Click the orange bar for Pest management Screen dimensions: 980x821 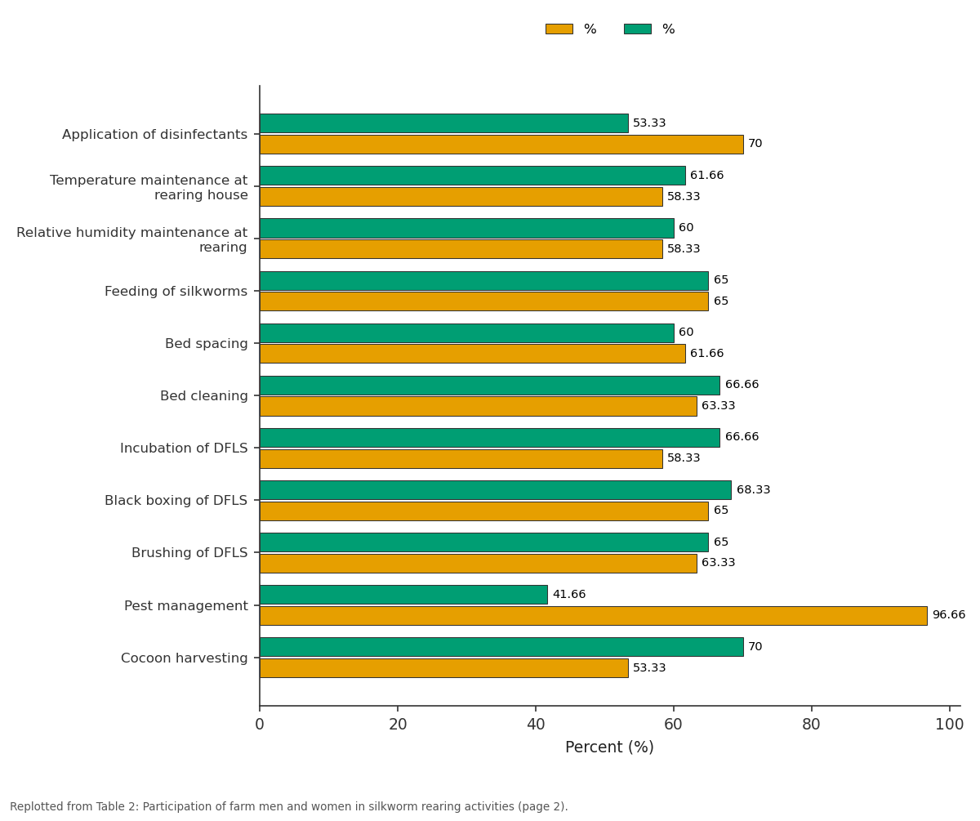tap(593, 616)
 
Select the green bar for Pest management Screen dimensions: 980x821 tap(403, 595)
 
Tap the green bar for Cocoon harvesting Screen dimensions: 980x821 tap(501, 647)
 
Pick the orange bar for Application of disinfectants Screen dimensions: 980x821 tap(501, 145)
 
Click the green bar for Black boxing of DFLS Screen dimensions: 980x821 tap(496, 490)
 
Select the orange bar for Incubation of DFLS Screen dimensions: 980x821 tap(461, 459)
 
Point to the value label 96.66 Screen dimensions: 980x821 tap(948, 615)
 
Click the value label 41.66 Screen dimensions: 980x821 tap(569, 594)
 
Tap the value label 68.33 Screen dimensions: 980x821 tap(753, 489)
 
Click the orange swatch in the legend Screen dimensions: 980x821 tap(559, 29)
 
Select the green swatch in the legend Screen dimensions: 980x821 tap(637, 29)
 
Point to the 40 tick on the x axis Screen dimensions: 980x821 tap(536, 708)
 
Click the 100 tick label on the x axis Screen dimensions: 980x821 tap(949, 725)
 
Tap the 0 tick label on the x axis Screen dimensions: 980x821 tap(260, 725)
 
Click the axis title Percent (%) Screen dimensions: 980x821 tap(609, 747)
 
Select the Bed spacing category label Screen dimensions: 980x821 tap(206, 344)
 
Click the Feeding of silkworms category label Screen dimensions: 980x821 tap(176, 292)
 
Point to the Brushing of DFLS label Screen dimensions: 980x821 tap(189, 553)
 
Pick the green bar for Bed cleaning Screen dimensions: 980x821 tap(490, 386)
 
